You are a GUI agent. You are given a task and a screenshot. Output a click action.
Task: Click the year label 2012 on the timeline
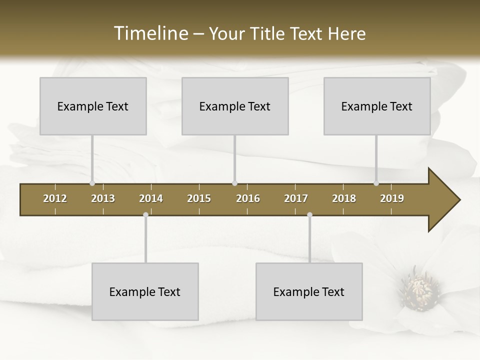[x=55, y=198]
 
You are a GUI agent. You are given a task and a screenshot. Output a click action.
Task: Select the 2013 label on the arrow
[x=103, y=198]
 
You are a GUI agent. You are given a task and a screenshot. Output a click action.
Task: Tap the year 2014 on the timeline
[x=151, y=198]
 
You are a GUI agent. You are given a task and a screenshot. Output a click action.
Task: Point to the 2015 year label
[x=199, y=198]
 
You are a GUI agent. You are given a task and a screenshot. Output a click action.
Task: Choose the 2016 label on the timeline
[x=248, y=198]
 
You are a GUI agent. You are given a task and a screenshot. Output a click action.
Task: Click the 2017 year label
[x=296, y=198]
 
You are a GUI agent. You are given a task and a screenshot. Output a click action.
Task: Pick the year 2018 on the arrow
[x=344, y=198]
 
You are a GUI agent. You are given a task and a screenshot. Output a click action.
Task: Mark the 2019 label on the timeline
[x=392, y=198]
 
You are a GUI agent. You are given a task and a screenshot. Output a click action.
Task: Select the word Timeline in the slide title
[x=150, y=33]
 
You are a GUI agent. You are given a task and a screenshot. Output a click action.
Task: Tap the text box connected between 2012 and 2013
[x=93, y=106]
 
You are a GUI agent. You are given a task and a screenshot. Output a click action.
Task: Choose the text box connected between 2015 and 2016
[x=235, y=106]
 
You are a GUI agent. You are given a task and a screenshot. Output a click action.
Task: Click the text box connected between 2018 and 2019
[x=377, y=106]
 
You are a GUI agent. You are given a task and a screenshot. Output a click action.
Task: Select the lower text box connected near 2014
[x=145, y=291]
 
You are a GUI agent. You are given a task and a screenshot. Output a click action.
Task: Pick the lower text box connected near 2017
[x=309, y=291]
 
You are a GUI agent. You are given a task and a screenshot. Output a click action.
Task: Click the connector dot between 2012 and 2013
[x=92, y=183]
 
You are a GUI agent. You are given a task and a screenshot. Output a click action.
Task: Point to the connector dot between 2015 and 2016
[x=235, y=183]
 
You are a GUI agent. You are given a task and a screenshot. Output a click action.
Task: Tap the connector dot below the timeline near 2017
[x=309, y=215]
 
